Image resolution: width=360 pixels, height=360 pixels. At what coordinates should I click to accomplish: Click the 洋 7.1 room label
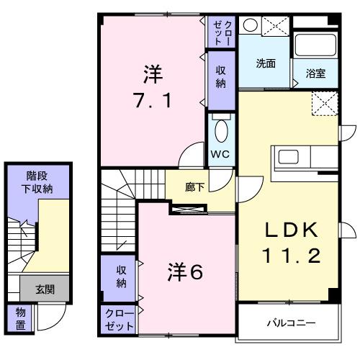(152, 86)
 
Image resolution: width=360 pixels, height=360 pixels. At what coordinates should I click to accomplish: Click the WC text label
(221, 153)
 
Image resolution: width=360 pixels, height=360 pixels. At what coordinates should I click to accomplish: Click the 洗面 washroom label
(266, 63)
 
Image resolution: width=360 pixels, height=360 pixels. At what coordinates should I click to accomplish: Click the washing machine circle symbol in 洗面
(249, 24)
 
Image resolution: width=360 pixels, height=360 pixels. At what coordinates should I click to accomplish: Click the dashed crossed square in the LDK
(324, 104)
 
